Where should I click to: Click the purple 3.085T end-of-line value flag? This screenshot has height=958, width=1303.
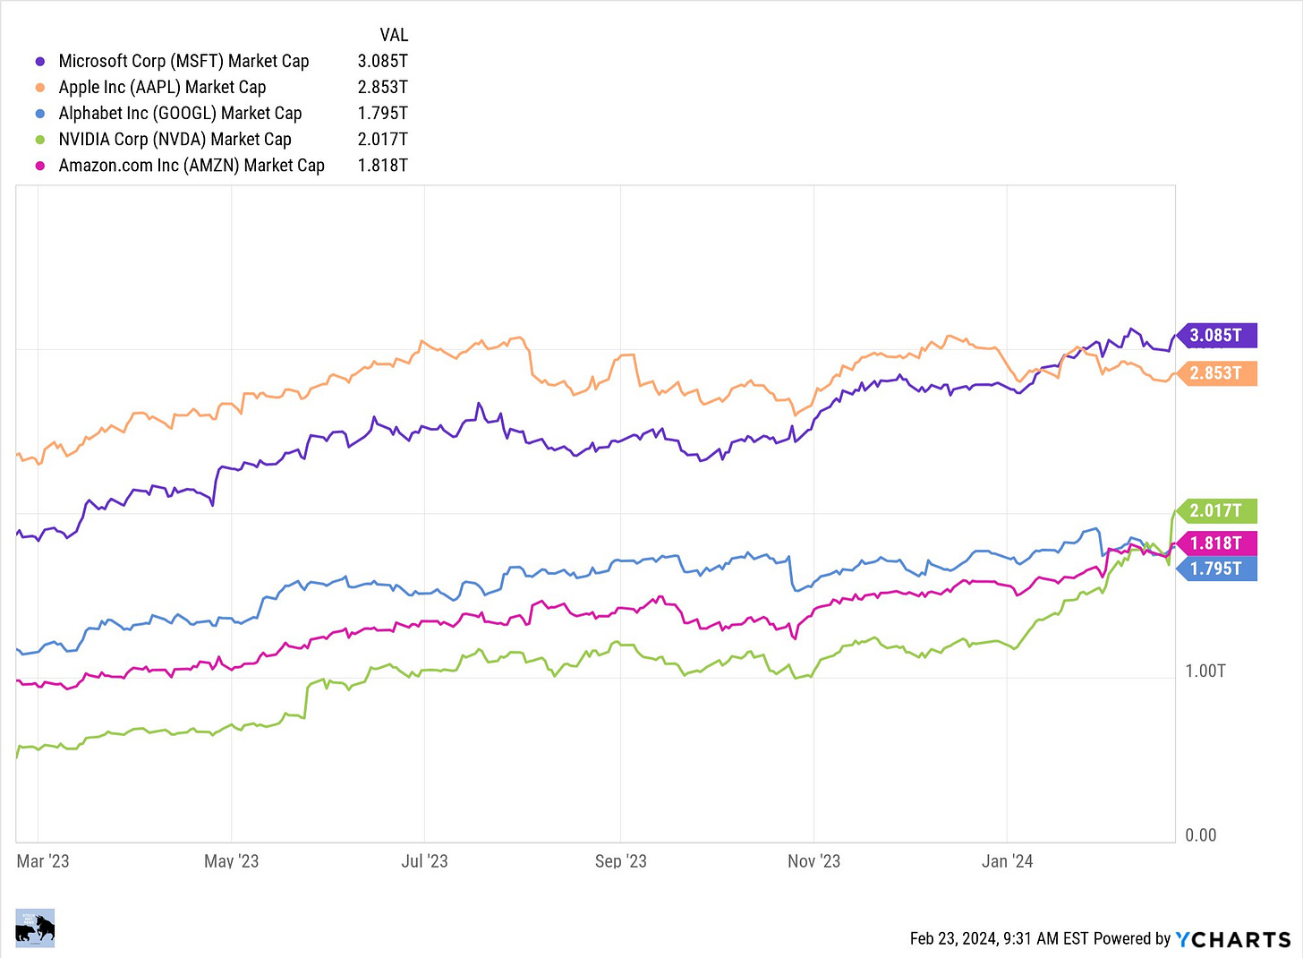point(1216,336)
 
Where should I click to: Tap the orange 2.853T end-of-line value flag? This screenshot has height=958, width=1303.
point(1216,373)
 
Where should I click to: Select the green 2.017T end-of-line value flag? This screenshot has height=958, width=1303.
point(1216,511)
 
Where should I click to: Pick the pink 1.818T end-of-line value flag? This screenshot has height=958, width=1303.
point(1216,543)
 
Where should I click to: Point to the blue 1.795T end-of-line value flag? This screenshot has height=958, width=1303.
point(1216,569)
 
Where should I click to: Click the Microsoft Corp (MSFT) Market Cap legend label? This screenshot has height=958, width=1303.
point(183,61)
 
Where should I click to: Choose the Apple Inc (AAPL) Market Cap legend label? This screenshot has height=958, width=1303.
point(162,87)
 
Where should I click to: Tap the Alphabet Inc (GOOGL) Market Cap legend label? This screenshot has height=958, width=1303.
point(180,113)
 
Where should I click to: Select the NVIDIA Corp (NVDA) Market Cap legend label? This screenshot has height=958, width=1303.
point(175,139)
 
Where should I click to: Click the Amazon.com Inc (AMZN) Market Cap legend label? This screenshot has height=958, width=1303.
point(192,165)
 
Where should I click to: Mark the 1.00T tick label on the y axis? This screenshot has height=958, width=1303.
point(1205,671)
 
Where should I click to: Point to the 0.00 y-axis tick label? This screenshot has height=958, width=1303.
point(1200,835)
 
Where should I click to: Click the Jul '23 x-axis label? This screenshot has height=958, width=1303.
point(424,861)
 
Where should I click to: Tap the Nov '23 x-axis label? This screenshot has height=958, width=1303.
point(813,861)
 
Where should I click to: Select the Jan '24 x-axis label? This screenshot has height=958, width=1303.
point(1007,861)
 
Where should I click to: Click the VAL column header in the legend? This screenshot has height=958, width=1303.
point(394,35)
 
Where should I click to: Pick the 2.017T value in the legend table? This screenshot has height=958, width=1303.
point(382,139)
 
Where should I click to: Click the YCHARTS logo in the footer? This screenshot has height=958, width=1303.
point(1232,939)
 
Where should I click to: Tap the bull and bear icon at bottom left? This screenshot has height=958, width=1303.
point(35,928)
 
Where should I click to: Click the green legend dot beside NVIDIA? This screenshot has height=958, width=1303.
point(39,140)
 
